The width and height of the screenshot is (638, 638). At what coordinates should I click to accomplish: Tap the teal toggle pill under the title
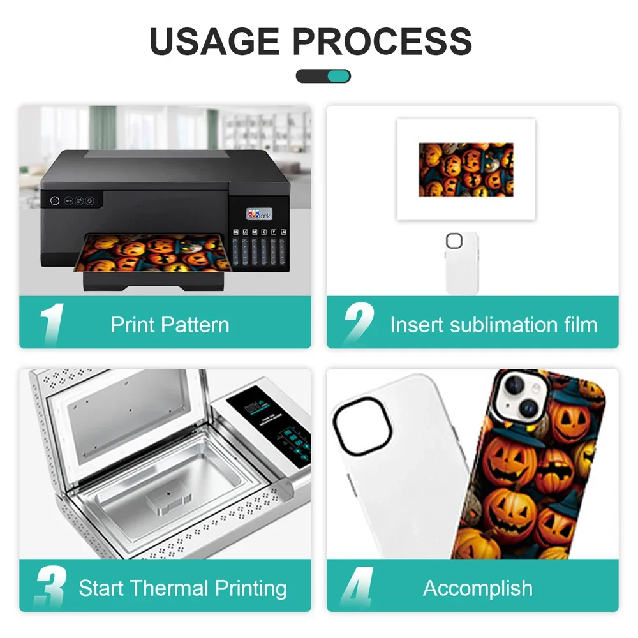point(323,77)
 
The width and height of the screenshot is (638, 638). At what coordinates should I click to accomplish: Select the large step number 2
point(359,325)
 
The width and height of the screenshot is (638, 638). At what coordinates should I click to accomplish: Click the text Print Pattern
point(170,325)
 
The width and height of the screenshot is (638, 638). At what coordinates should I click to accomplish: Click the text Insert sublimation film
point(493,325)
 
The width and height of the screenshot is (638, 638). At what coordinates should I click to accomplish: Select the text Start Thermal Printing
point(182,588)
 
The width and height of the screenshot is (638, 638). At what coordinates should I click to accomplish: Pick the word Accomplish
point(477,588)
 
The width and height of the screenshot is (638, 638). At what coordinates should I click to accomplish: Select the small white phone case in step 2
point(462,262)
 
